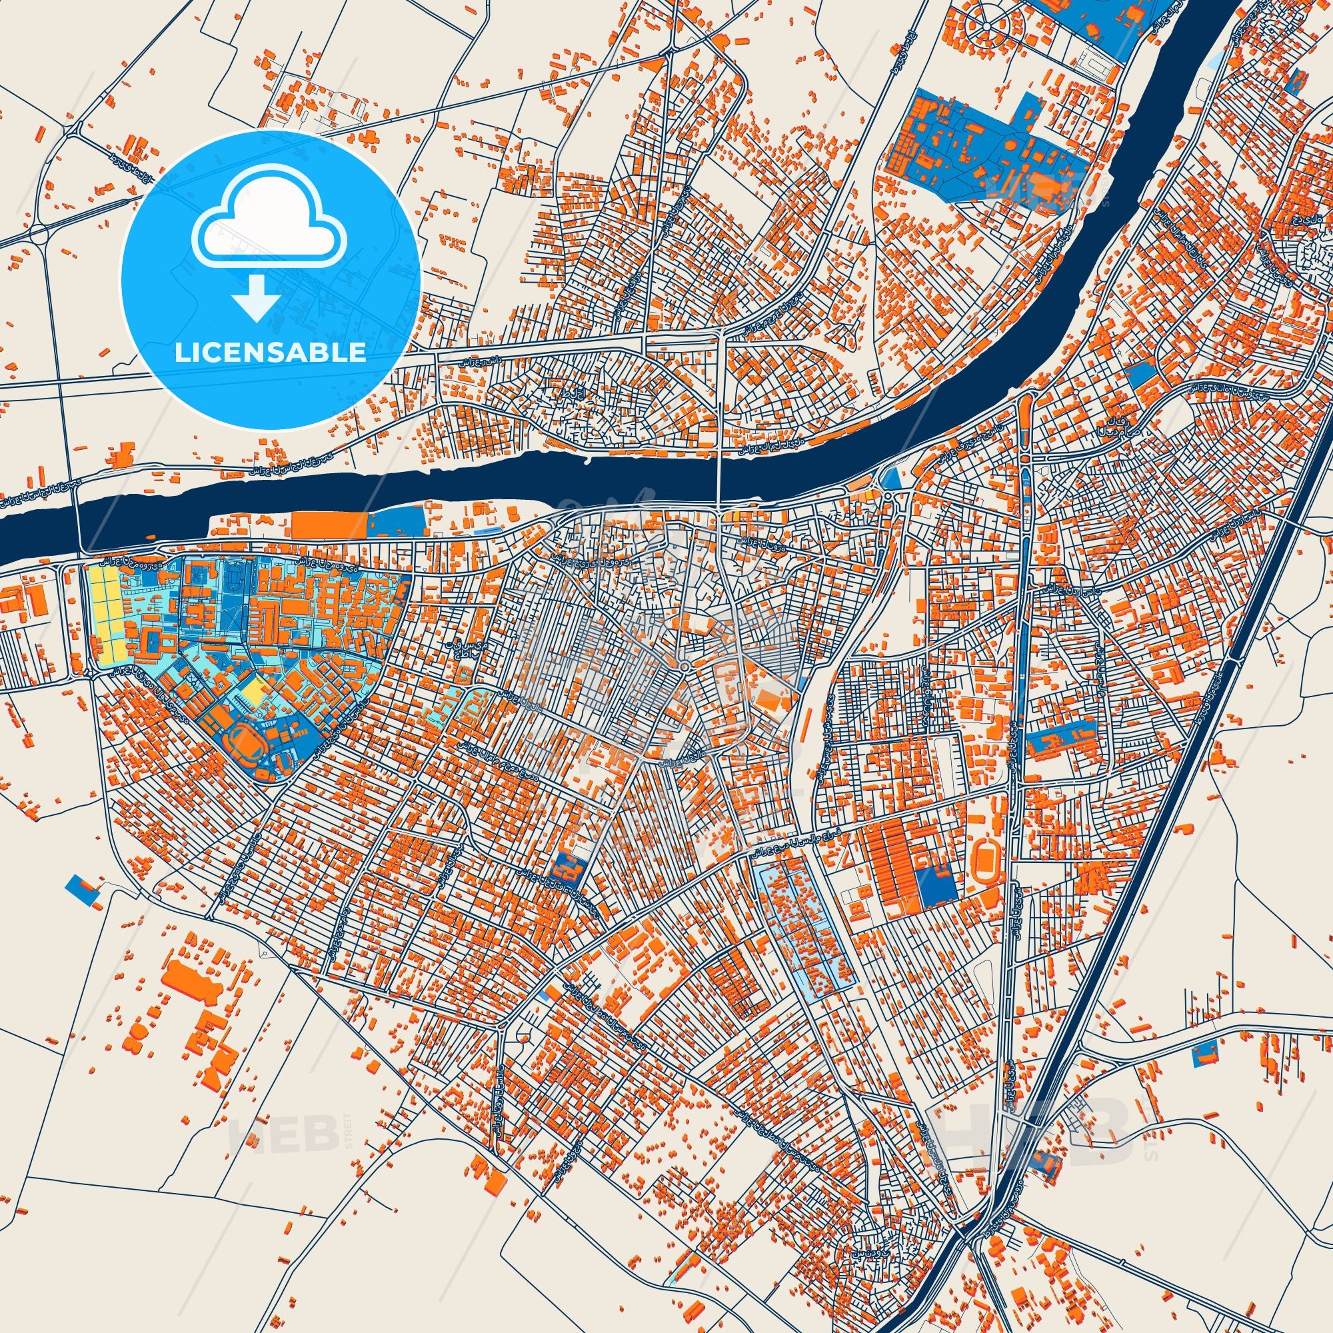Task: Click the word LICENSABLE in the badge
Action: pos(271,353)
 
